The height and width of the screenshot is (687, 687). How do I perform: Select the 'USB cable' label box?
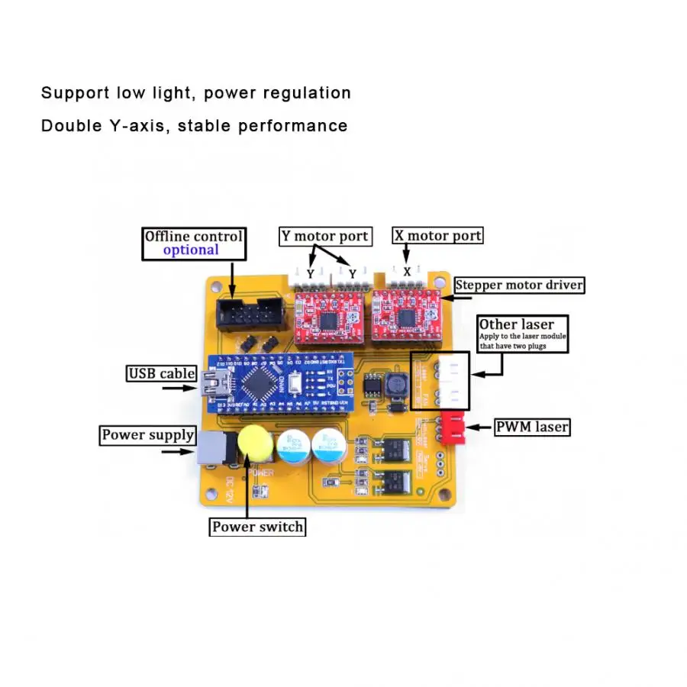tap(162, 374)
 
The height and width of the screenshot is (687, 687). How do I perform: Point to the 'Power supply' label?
tap(148, 435)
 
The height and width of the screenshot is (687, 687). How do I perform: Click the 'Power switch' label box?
tap(257, 527)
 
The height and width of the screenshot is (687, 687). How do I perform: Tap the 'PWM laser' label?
tap(532, 427)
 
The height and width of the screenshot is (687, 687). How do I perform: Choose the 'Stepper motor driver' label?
tap(520, 285)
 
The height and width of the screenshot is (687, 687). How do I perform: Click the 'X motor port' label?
tap(438, 235)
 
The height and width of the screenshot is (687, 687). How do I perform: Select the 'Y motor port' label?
tap(324, 236)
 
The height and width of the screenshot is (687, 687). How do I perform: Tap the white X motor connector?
tap(408, 274)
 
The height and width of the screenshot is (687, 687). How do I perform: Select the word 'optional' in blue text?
tap(191, 250)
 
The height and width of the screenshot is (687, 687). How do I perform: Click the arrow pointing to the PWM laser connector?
tap(479, 427)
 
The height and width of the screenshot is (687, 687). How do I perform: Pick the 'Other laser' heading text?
tap(517, 324)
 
